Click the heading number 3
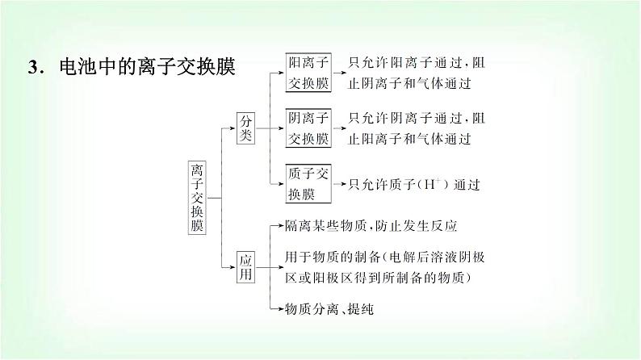click(x=32, y=67)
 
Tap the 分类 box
click(x=245, y=127)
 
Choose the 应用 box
click(x=245, y=267)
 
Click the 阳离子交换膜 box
click(x=308, y=72)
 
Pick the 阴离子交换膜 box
click(x=308, y=128)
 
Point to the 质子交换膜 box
click(x=308, y=184)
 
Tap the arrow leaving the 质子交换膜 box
click(x=339, y=185)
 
